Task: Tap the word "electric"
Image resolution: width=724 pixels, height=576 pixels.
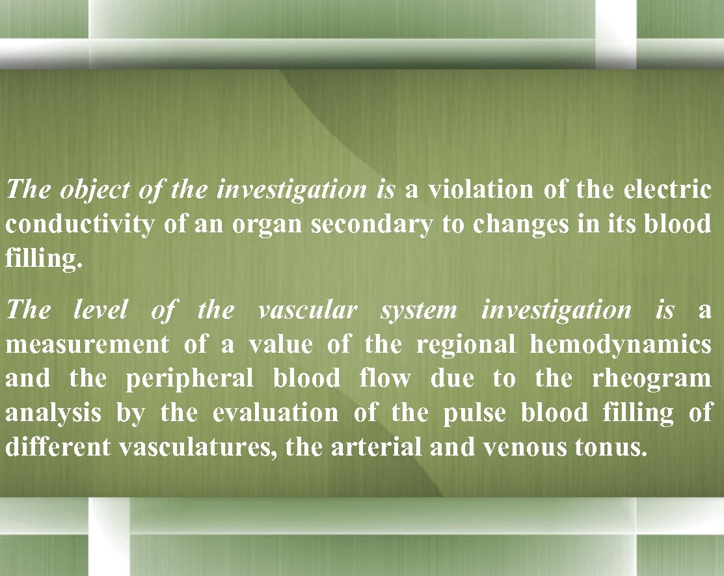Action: [667, 190]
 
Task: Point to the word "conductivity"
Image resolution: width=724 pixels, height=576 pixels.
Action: [80, 225]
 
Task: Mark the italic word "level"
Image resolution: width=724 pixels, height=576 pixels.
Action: [100, 310]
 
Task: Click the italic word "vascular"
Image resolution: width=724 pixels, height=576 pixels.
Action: [308, 310]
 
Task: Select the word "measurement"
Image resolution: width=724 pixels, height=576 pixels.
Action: [87, 344]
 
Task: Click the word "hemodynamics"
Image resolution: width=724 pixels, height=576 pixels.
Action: [621, 344]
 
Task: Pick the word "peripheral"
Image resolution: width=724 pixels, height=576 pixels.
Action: [189, 379]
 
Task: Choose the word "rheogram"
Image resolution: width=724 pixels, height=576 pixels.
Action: [652, 379]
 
